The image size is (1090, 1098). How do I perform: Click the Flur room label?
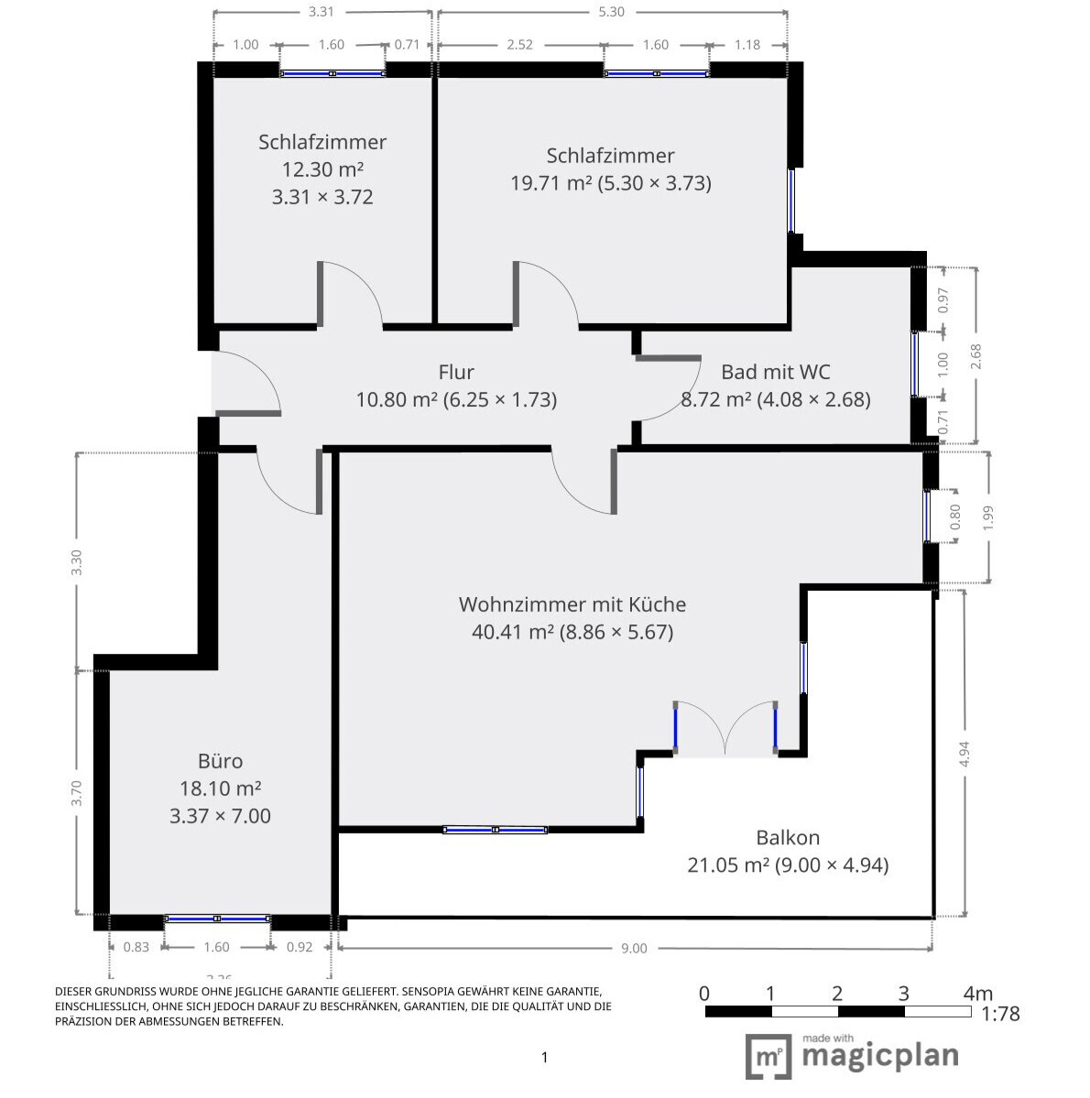click(456, 372)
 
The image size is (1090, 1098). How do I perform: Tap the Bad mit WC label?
click(775, 372)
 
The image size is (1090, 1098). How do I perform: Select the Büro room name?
click(220, 761)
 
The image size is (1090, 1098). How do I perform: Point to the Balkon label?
click(788, 837)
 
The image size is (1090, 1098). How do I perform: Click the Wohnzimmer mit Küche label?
click(572, 604)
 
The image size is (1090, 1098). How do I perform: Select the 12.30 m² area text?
click(322, 169)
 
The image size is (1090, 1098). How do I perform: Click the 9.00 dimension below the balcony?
click(634, 948)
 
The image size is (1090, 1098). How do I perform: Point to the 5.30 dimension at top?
click(611, 12)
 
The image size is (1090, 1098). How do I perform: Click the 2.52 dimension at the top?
click(519, 44)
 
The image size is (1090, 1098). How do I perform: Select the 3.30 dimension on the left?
click(77, 562)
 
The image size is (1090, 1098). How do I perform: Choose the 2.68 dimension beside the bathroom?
click(976, 355)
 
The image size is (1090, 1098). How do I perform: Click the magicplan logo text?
click(879, 1056)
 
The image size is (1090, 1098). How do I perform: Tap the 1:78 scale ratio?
click(999, 1014)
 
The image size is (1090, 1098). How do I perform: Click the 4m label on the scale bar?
click(977, 994)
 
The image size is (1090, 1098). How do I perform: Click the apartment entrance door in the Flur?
click(245, 385)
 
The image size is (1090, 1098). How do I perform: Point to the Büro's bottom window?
click(217, 918)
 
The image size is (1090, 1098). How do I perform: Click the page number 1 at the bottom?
click(545, 1058)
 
